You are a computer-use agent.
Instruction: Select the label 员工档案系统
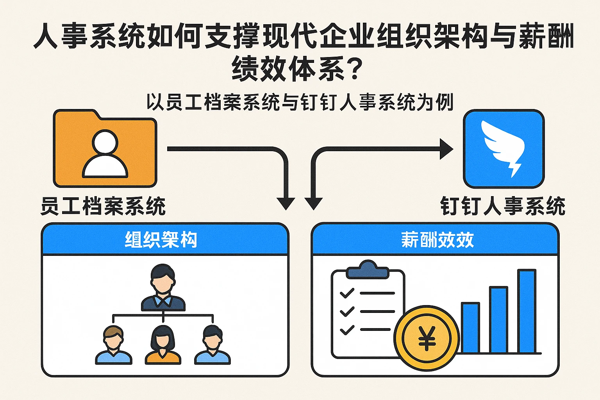pyautogui.click(x=103, y=206)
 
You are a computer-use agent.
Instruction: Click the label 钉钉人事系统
pyautogui.click(x=503, y=206)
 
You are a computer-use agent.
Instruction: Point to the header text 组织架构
pyautogui.click(x=161, y=239)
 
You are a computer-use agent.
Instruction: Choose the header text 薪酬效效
pyautogui.click(x=437, y=239)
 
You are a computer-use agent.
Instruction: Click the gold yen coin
pyautogui.click(x=427, y=338)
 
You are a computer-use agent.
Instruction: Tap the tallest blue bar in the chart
pyautogui.click(x=527, y=311)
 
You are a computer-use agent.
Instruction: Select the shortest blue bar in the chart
pyautogui.click(x=470, y=327)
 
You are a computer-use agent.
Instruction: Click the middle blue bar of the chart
pyautogui.click(x=498, y=320)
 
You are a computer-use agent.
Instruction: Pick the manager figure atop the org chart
pyautogui.click(x=163, y=288)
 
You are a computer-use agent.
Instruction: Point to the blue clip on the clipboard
pyautogui.click(x=368, y=270)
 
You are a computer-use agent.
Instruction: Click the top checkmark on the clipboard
pyautogui.click(x=346, y=293)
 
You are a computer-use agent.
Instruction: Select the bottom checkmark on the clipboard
pyautogui.click(x=346, y=330)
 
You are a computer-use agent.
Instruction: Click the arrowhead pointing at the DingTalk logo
pyautogui.click(x=446, y=149)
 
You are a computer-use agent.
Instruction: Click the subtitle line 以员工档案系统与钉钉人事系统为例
pyautogui.click(x=300, y=102)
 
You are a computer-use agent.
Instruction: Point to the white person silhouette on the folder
pyautogui.click(x=105, y=154)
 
